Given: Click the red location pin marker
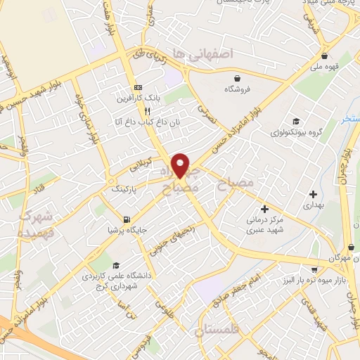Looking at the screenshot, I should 181,166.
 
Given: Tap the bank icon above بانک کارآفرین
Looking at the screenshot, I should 137,88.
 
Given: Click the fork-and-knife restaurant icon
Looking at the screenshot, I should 147,111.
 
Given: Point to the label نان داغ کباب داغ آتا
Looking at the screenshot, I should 139,123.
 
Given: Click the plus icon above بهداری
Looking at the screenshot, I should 313,194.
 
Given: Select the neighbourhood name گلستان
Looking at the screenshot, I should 220,329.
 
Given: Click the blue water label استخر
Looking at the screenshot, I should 350,120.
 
